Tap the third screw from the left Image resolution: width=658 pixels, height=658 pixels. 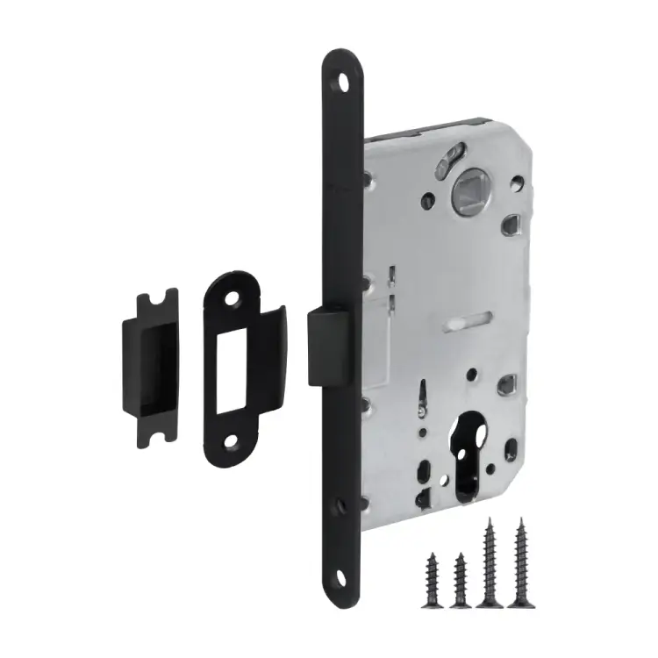(x=488, y=562)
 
